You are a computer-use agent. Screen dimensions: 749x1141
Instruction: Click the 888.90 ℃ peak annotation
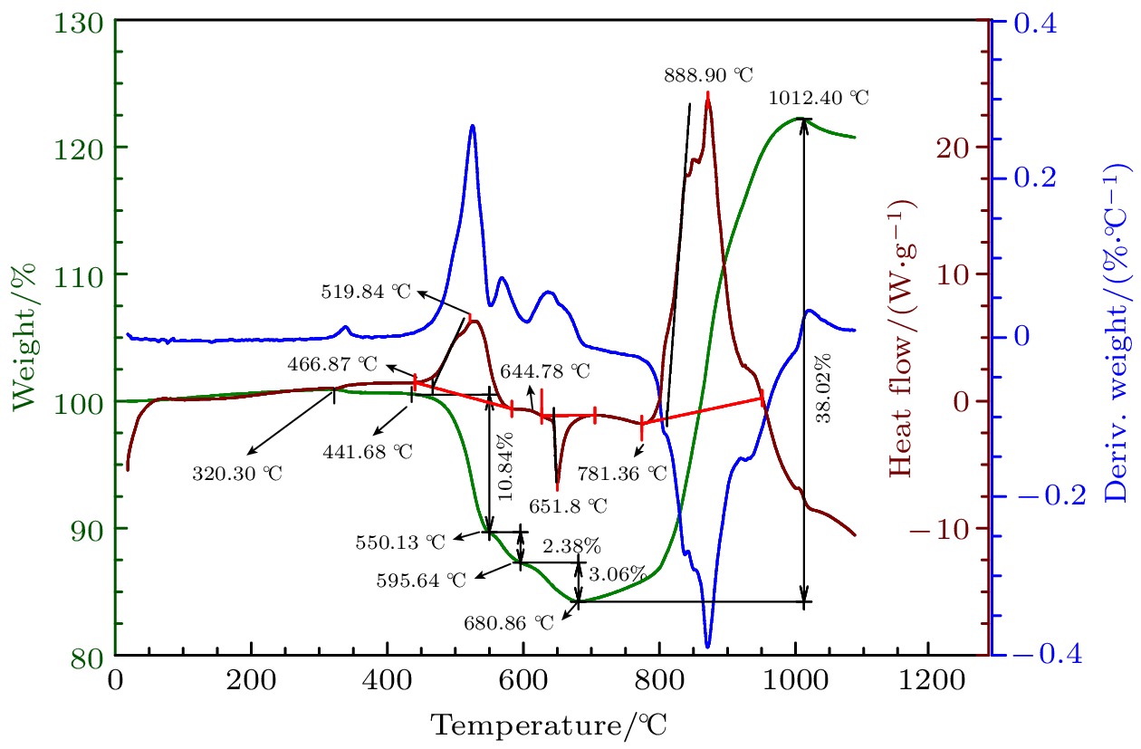click(x=708, y=73)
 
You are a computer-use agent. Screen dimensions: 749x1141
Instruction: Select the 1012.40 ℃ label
click(x=818, y=97)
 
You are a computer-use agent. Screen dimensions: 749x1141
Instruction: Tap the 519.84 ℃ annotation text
click(x=366, y=292)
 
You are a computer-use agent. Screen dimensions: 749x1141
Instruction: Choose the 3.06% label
click(x=618, y=574)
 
